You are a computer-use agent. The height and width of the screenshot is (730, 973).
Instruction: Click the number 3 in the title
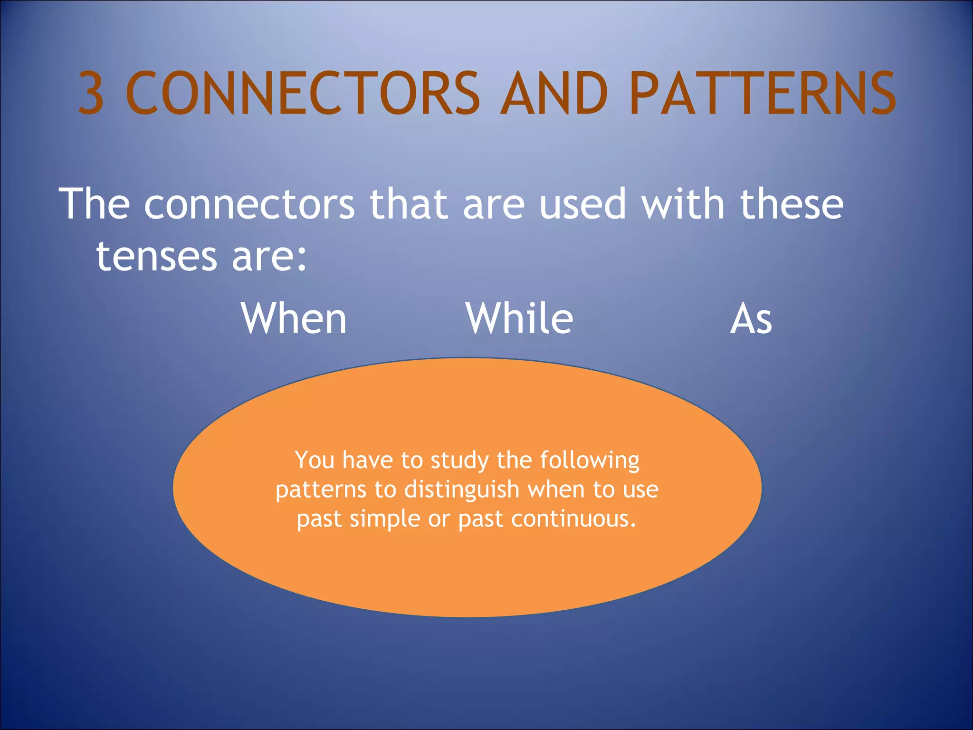point(91,93)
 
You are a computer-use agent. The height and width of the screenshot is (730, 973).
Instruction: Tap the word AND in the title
point(554,93)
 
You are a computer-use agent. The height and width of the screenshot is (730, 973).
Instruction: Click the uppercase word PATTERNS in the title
point(762,93)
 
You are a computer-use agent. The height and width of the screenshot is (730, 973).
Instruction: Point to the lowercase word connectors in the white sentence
point(249,204)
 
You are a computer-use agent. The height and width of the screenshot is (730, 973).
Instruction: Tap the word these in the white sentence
point(792,204)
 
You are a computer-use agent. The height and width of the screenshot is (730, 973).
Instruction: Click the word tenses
point(157,257)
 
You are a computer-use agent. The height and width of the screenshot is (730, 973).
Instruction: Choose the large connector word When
point(294,318)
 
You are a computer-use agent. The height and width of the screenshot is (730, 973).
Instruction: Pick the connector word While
point(519,318)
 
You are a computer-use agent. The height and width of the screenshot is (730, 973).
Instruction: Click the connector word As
point(751,319)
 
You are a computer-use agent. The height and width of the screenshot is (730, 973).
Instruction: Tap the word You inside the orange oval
point(314,460)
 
